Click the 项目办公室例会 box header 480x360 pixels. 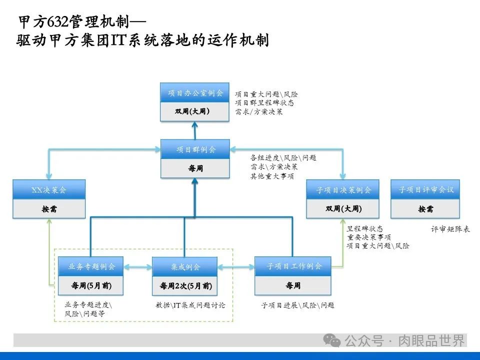pos(195,93)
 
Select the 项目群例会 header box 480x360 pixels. pos(195,149)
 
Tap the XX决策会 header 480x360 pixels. pos(49,190)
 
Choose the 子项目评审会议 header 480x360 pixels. pos(425,190)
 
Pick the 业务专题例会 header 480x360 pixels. pos(91,266)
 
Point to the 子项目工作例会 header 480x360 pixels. pos(293,266)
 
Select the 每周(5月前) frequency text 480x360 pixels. pos(91,286)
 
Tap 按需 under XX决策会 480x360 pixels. pos(49,209)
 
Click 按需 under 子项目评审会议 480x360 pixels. pos(425,209)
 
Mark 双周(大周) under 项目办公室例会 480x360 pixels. pos(192,111)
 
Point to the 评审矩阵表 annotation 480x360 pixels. pos(450,229)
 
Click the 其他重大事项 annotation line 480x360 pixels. pos(272,176)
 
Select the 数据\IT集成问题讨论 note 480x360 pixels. pos(190,304)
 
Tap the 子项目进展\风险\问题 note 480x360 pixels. pos(297,305)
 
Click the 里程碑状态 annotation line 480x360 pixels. pos(365,228)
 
